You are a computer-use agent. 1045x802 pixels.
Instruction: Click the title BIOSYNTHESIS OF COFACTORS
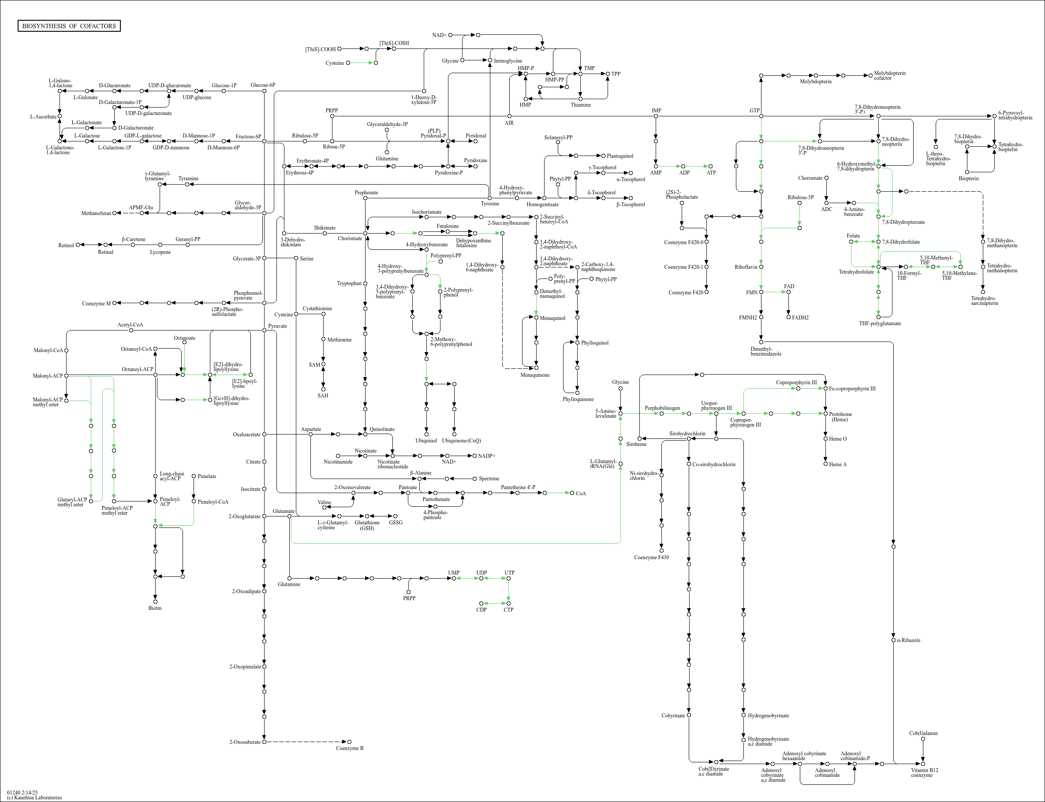[69, 26]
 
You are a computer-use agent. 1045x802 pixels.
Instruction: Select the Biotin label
[155, 608]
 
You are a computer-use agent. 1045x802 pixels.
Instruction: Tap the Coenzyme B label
[350, 748]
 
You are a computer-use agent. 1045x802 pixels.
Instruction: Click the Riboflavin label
[746, 267]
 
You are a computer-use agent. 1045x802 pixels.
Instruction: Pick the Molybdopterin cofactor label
[889, 75]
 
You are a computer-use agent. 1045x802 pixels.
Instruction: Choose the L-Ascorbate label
[43, 116]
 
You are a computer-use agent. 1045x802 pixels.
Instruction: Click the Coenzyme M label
[96, 304]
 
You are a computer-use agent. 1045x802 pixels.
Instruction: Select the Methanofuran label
[96, 213]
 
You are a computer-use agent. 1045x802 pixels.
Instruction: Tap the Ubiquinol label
[426, 441]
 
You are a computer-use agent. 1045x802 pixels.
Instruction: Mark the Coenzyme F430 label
[651, 557]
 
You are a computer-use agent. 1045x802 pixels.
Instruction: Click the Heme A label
[838, 464]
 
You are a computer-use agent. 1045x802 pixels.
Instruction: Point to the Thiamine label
[581, 105]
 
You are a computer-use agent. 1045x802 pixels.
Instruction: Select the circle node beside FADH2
[788, 317]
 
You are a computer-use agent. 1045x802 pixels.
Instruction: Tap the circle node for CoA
[572, 493]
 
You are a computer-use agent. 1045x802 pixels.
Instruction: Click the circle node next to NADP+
[474, 456]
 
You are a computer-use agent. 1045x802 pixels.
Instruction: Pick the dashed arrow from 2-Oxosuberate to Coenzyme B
[306, 742]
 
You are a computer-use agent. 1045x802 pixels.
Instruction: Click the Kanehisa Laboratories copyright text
[34, 797]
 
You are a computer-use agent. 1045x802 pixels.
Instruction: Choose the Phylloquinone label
[578, 399]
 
